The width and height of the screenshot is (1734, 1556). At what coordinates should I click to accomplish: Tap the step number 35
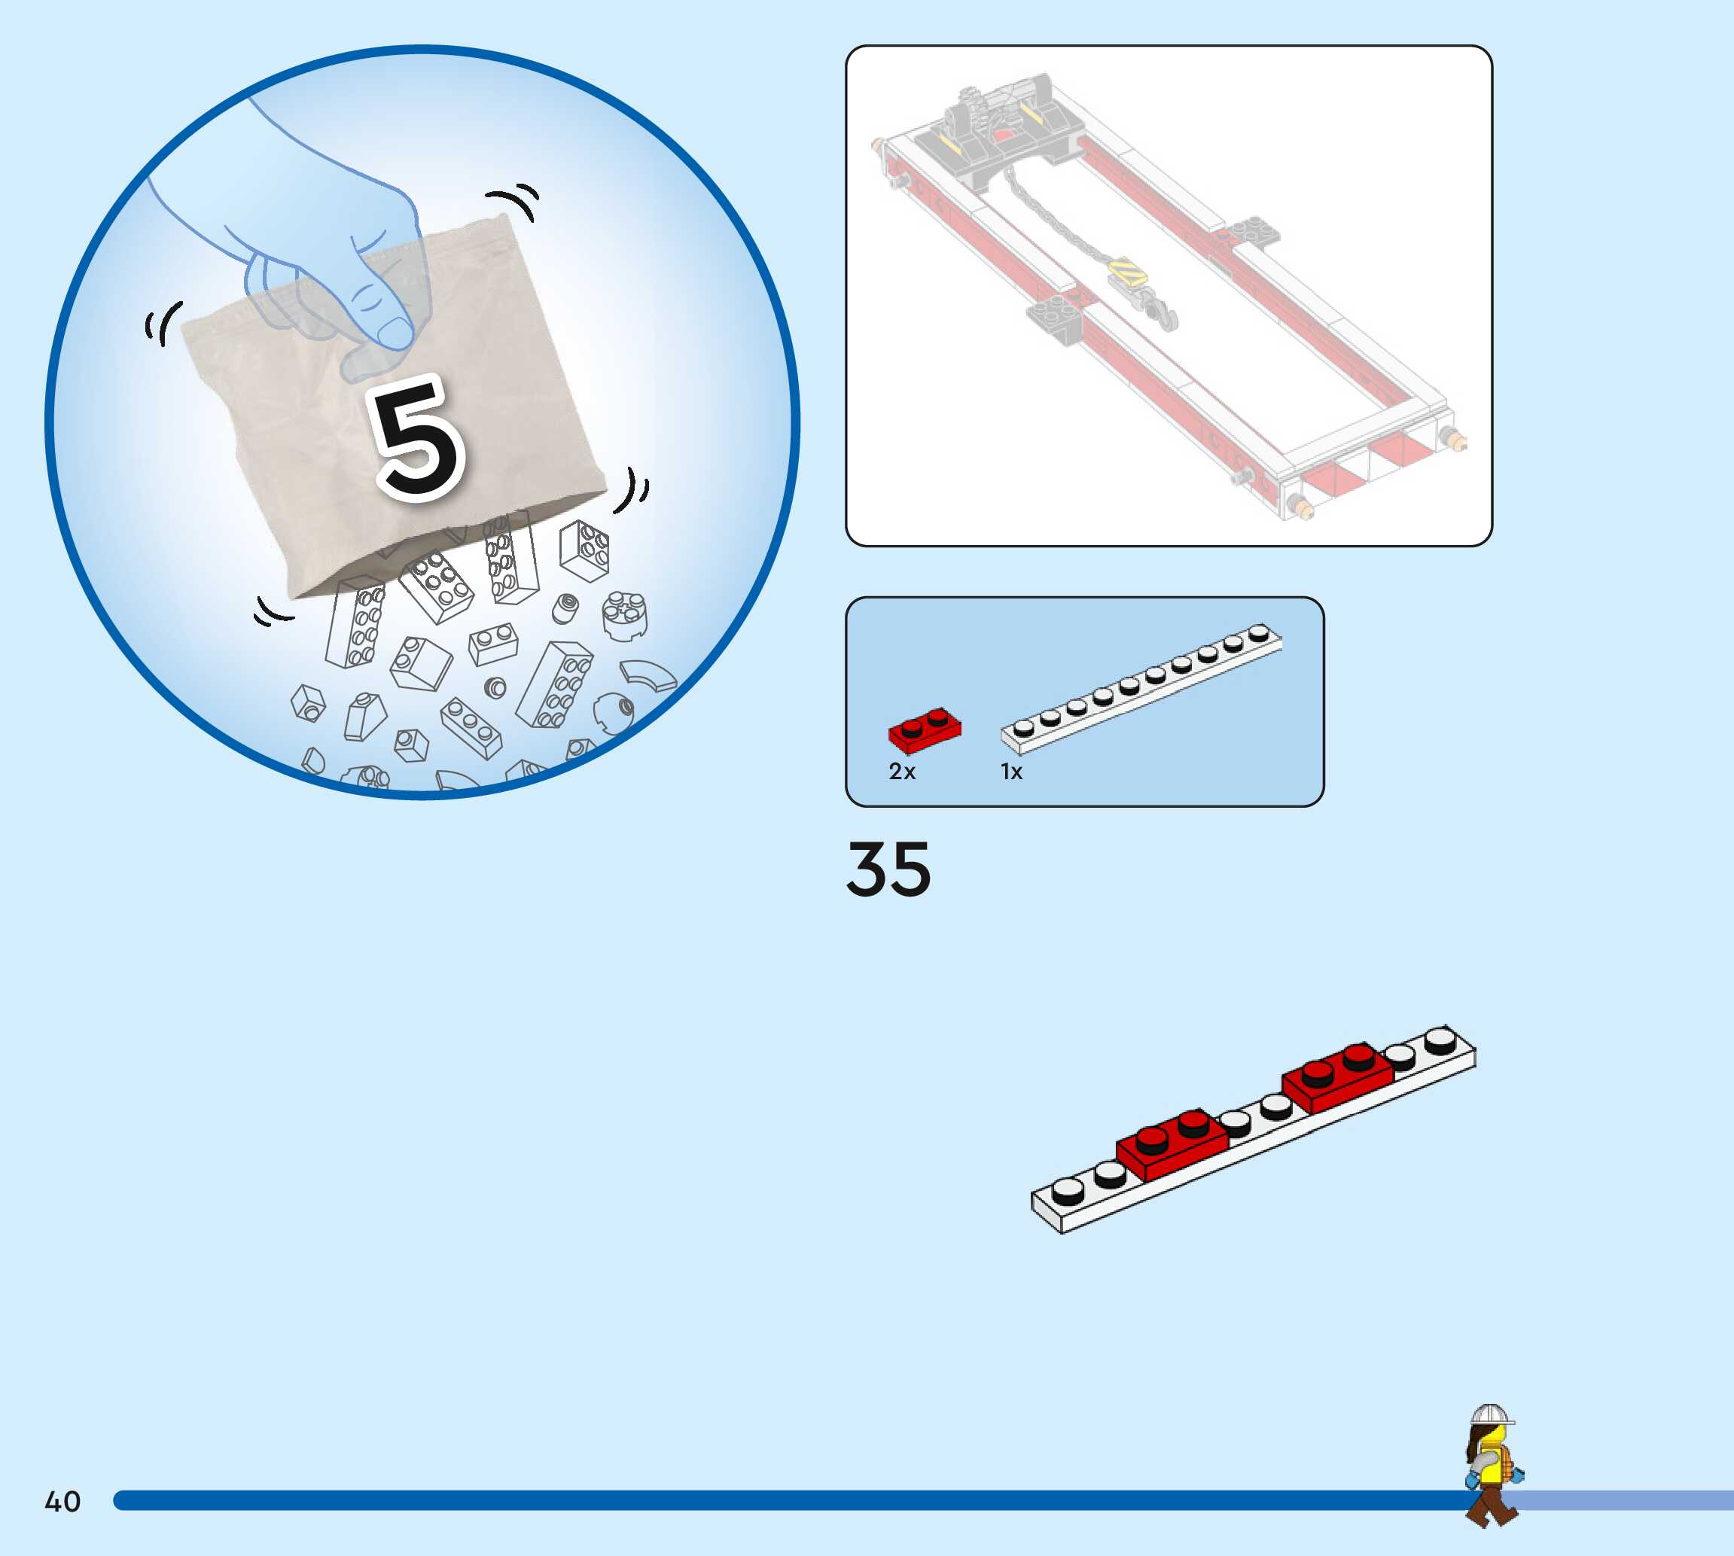888,869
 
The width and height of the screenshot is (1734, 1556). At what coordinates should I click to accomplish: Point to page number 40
62,1501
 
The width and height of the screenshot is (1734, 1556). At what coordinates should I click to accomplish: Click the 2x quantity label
902,772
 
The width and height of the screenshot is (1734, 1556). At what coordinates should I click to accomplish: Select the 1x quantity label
1011,772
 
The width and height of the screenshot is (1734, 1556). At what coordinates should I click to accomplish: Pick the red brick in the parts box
925,730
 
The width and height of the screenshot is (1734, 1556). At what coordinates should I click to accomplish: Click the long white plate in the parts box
1141,688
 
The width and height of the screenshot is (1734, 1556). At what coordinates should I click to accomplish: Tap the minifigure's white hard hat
1490,1416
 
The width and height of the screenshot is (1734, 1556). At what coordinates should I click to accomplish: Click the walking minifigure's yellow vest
1492,1466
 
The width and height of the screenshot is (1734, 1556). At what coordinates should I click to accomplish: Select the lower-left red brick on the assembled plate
1172,1146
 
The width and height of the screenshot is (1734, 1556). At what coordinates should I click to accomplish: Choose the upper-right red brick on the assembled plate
1337,1075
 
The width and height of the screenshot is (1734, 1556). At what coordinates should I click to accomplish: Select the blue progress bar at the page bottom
769,1500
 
